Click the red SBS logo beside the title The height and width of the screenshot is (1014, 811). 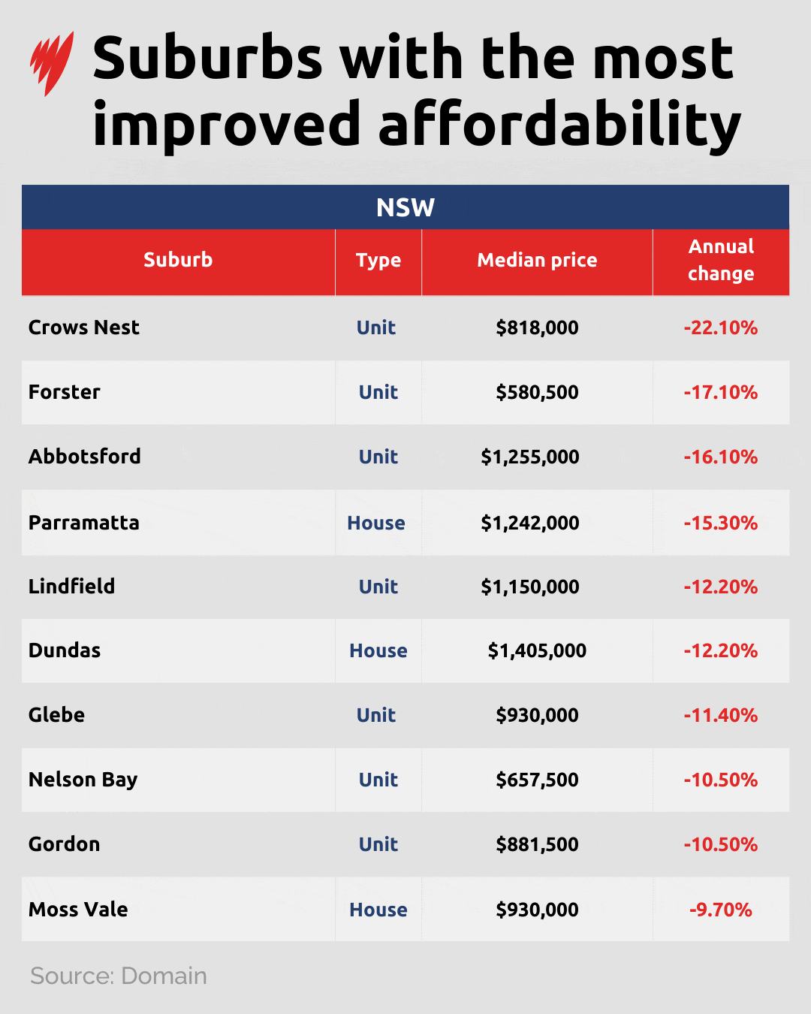click(52, 63)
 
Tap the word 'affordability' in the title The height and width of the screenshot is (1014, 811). click(559, 125)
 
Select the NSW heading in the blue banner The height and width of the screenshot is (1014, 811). click(405, 207)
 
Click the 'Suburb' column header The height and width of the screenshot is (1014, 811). click(178, 260)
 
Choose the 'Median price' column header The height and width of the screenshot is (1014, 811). click(537, 261)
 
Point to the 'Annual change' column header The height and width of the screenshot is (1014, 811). click(721, 260)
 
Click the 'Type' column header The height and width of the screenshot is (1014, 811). click(378, 261)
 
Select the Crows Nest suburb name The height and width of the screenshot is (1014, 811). click(84, 327)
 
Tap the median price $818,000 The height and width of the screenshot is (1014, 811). click(537, 327)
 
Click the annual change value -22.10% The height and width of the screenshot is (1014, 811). click(721, 327)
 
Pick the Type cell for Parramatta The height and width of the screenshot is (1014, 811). click(376, 523)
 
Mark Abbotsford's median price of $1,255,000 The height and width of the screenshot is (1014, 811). click(530, 457)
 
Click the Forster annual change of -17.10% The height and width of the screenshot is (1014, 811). click(721, 392)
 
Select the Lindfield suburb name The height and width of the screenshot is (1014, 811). click(72, 587)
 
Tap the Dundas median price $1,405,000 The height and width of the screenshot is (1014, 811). click(537, 650)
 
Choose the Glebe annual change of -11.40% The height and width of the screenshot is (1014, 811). click(721, 715)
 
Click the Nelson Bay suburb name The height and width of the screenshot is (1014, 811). click(83, 780)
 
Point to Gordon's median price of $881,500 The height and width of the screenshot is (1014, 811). click(537, 844)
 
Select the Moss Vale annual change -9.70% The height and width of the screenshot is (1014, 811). click(721, 910)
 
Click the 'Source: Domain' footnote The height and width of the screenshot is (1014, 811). click(119, 976)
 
